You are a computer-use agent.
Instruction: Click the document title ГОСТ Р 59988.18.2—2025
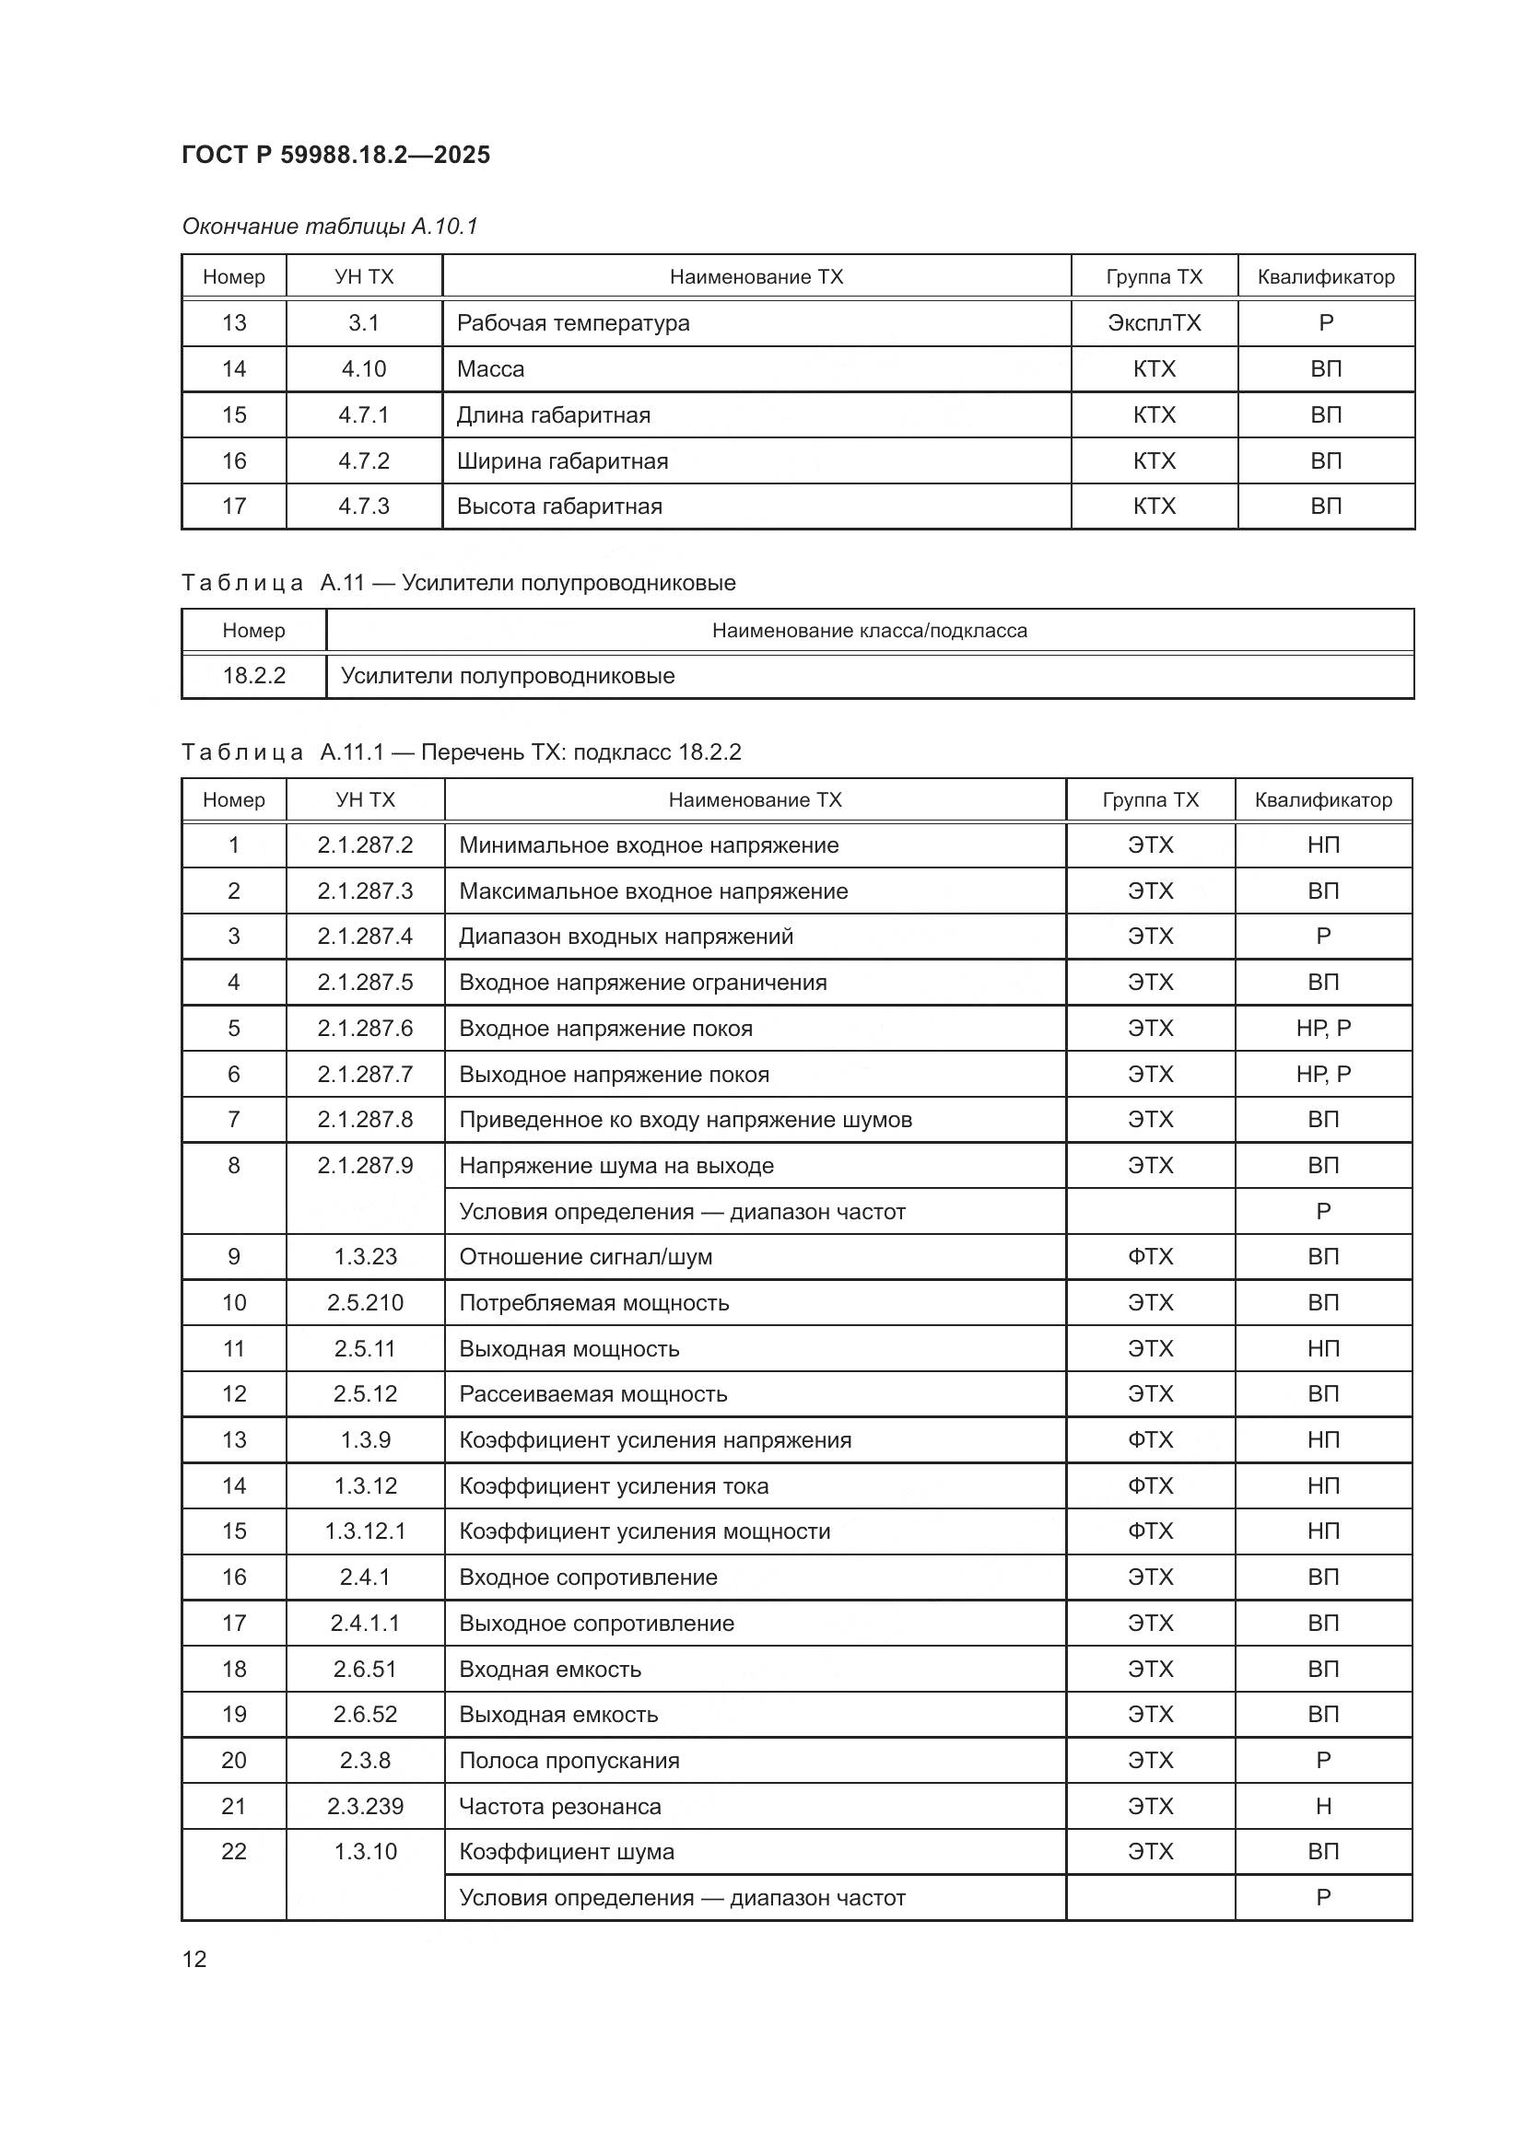(335, 155)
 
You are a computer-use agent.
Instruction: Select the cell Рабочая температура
(572, 322)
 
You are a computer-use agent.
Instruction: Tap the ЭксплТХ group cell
(1154, 322)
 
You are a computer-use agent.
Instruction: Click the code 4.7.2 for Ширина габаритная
(363, 460)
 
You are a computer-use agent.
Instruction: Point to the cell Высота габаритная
(559, 506)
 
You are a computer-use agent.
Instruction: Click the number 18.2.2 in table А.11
(253, 675)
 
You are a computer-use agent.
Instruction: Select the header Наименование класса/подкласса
(869, 631)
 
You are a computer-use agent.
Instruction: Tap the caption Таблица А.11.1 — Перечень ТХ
(461, 752)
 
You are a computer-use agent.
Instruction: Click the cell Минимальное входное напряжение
(649, 845)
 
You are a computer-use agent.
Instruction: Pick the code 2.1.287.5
(365, 983)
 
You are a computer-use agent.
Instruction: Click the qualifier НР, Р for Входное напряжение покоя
(1322, 1029)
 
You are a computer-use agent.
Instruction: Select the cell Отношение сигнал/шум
(586, 1257)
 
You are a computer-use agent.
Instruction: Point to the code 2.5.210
(365, 1303)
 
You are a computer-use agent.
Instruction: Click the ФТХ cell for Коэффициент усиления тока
(1150, 1486)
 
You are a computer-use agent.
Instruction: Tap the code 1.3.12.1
(365, 1532)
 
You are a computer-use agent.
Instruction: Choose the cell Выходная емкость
(558, 1715)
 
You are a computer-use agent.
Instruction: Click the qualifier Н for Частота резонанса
(1322, 1807)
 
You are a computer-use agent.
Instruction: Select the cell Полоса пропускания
(569, 1761)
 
